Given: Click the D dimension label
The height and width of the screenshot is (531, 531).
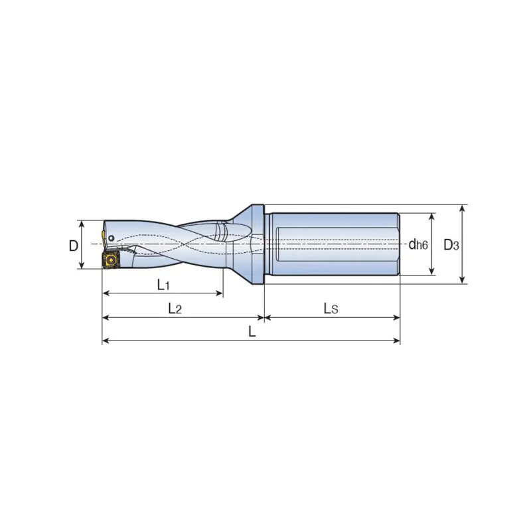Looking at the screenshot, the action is pyautogui.click(x=74, y=246).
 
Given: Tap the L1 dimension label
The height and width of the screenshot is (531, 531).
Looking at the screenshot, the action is pyautogui.click(x=163, y=285).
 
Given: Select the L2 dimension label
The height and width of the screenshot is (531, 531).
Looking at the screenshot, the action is pyautogui.click(x=175, y=309).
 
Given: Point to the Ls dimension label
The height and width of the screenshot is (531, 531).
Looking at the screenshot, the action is pyautogui.click(x=331, y=309).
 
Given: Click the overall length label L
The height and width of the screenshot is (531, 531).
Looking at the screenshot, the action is pyautogui.click(x=252, y=331).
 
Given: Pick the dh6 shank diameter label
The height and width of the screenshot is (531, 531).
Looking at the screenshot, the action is pyautogui.click(x=418, y=244).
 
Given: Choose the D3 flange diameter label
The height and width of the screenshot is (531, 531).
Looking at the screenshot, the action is pyautogui.click(x=451, y=244).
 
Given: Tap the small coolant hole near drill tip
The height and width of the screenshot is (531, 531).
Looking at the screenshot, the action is pyautogui.click(x=112, y=238).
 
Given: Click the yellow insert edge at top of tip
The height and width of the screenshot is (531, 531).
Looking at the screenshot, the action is pyautogui.click(x=103, y=238).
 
